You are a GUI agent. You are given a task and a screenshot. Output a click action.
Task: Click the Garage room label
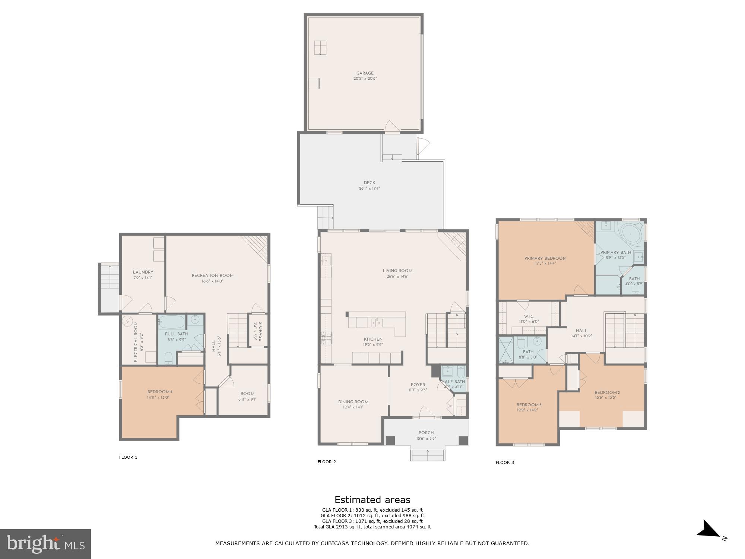click(x=365, y=73)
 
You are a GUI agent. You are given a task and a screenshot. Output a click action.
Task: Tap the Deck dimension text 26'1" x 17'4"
click(x=369, y=189)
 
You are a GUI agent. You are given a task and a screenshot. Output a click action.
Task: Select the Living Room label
click(x=397, y=271)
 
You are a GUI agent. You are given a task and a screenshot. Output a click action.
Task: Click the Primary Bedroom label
click(x=545, y=258)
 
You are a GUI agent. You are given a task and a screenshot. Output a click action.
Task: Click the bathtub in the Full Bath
click(x=171, y=321)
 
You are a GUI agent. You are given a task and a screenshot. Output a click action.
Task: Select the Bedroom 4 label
click(x=160, y=392)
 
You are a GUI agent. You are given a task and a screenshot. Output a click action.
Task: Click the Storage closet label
click(x=260, y=331)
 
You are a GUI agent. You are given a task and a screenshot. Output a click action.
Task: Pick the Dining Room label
click(x=353, y=402)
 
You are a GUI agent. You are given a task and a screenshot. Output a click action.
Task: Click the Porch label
click(x=426, y=433)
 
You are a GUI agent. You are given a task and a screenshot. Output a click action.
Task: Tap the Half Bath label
click(x=453, y=382)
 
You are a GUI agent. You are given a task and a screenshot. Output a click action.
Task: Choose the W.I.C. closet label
click(x=529, y=316)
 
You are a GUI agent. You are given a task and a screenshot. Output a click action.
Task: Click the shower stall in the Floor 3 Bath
click(x=506, y=350)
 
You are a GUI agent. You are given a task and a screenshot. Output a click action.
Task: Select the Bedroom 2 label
click(x=607, y=392)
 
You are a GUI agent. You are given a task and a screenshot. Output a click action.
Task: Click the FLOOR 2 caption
click(x=327, y=462)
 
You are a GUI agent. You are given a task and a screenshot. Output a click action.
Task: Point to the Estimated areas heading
click(x=372, y=500)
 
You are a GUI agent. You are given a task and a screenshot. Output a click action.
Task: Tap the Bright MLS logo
click(x=45, y=544)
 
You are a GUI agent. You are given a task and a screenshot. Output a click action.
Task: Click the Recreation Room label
click(x=212, y=276)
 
